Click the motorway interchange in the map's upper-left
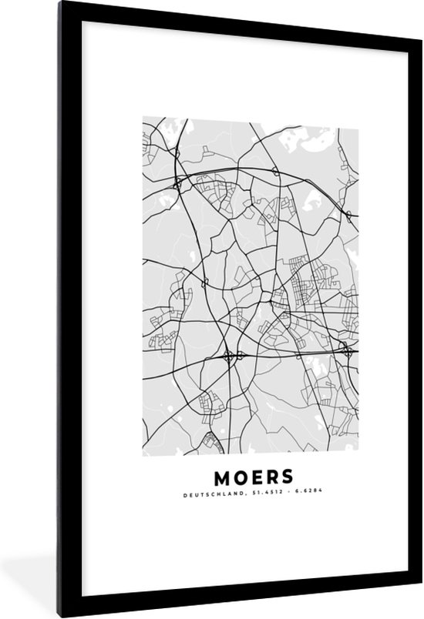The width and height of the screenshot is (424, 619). (x=178, y=183)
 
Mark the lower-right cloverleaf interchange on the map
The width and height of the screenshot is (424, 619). (x=347, y=353)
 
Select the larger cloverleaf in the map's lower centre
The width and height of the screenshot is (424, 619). (x=229, y=356)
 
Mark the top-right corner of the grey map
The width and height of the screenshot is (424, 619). (x=358, y=118)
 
